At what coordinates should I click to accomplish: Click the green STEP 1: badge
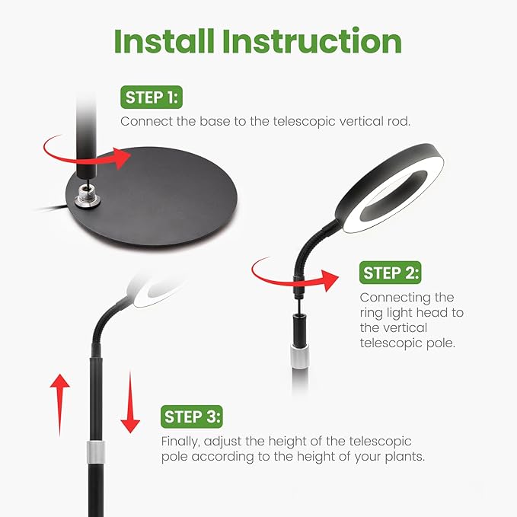tap(152, 97)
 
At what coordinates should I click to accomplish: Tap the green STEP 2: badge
tap(391, 273)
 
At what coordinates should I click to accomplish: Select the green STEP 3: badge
tap(192, 416)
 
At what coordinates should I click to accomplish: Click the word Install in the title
tap(164, 41)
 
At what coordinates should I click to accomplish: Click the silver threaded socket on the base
tap(87, 197)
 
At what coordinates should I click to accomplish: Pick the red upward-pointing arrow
tap(59, 405)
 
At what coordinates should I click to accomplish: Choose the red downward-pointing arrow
tap(130, 402)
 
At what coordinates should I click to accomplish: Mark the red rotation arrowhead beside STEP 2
tap(330, 280)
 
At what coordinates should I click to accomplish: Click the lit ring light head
tap(390, 188)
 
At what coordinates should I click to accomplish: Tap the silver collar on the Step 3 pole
tap(96, 452)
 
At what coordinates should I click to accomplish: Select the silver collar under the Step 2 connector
tap(300, 356)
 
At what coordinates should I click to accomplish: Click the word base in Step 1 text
tap(215, 121)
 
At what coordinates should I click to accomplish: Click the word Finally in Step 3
tap(180, 442)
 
